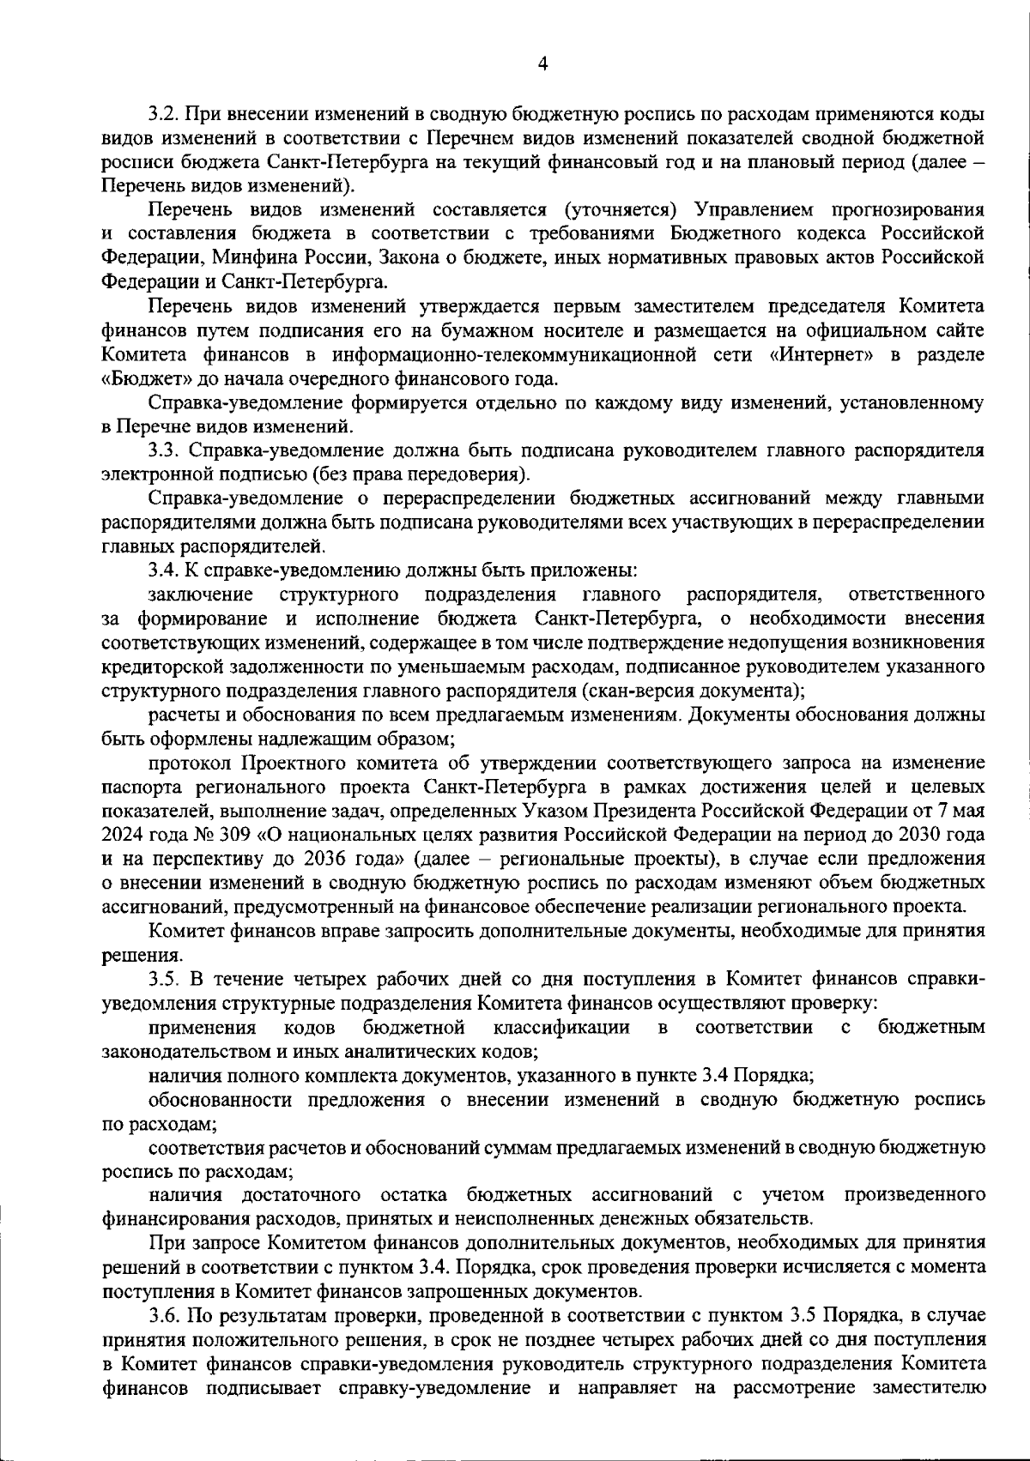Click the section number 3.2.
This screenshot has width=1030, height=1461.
pos(162,114)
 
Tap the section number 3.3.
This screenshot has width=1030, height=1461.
pos(162,450)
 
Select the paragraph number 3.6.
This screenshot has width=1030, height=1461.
pos(162,1315)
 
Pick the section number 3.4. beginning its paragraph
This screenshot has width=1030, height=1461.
pos(164,570)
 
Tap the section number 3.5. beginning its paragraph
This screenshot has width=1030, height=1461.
pos(164,978)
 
